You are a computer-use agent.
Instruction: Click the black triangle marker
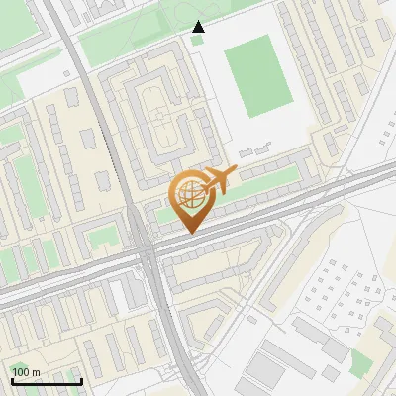point(199,27)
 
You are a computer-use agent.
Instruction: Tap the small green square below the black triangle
point(197,40)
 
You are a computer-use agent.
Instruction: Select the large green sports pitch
point(258,75)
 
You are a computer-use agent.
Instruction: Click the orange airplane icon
point(219,181)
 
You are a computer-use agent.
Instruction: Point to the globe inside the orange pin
point(188,194)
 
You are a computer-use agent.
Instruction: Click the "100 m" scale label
point(26,371)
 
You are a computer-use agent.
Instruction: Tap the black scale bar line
point(46,381)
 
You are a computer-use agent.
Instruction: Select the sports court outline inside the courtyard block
point(162,128)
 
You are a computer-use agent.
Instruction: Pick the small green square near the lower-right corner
point(360,359)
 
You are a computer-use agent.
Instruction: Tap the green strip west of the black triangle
point(129,41)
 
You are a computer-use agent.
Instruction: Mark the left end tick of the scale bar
point(11,380)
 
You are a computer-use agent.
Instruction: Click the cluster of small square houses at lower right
point(342,293)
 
